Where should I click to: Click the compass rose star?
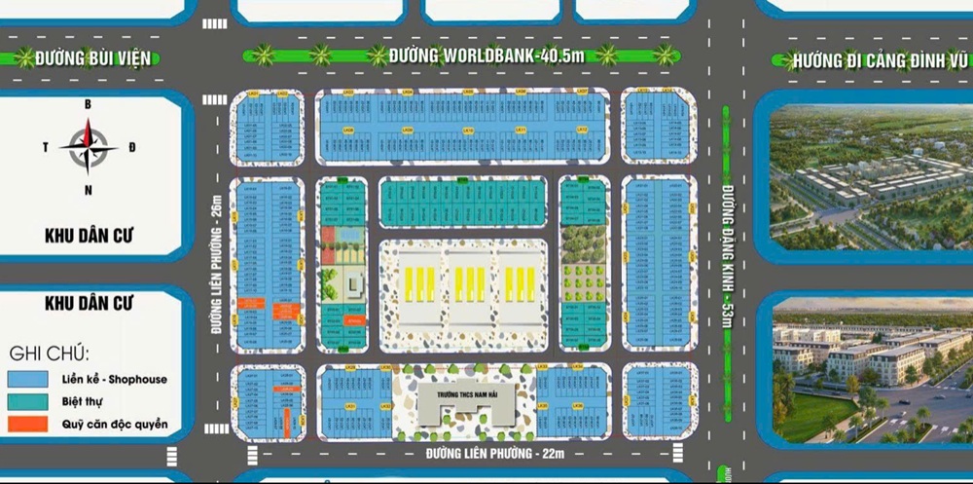(x=89, y=147)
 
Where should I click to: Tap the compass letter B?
(x=89, y=104)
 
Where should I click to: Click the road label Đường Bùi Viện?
(x=93, y=58)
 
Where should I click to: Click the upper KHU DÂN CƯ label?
(x=89, y=235)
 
